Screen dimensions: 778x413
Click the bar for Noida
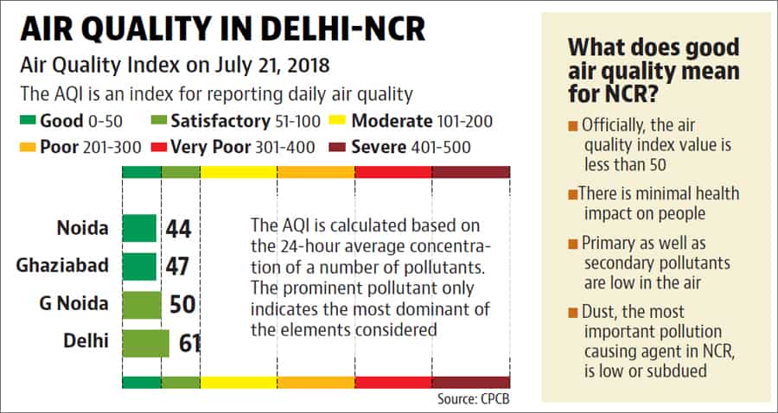[x=139, y=228]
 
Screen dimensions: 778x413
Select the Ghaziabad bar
[x=139, y=267]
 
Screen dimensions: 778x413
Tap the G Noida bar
[x=142, y=305]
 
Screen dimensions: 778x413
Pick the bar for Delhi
[x=146, y=344]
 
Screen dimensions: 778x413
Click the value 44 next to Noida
[x=179, y=229]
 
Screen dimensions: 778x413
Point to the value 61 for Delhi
[x=189, y=344]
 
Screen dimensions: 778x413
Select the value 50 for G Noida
[x=182, y=305]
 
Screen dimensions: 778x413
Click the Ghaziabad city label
[x=62, y=266]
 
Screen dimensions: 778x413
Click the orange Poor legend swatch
[x=28, y=147]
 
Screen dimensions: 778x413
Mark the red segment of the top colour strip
[x=393, y=172]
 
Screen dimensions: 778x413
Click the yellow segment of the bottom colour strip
[x=239, y=383]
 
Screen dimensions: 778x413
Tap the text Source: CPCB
[x=474, y=398]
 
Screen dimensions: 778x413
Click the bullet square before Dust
[x=573, y=314]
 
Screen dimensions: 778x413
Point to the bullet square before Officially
[x=573, y=126]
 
